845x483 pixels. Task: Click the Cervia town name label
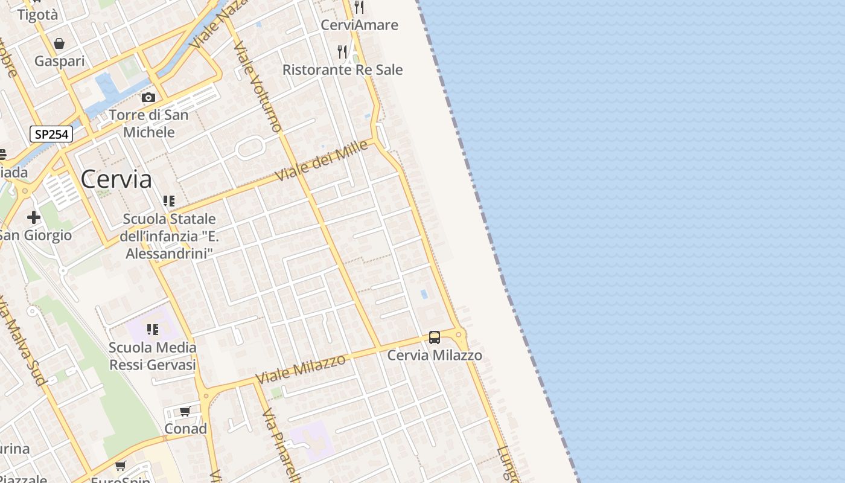click(x=116, y=179)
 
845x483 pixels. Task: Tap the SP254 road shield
click(x=51, y=133)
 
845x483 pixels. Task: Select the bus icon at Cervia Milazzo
click(x=435, y=337)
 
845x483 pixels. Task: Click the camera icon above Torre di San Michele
click(x=148, y=98)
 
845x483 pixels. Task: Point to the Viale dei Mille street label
click(x=321, y=161)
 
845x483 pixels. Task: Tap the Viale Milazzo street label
click(x=301, y=369)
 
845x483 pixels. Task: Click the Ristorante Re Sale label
click(x=342, y=70)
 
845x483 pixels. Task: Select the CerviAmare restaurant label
click(x=359, y=25)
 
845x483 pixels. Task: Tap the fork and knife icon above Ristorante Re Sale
click(x=342, y=52)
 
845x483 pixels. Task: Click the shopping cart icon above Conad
click(x=185, y=411)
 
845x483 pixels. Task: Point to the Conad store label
click(x=186, y=429)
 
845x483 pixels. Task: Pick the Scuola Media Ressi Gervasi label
click(x=153, y=356)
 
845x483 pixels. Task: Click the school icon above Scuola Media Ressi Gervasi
click(x=153, y=330)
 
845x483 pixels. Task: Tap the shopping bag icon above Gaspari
click(x=59, y=43)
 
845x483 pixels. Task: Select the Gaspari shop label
click(x=59, y=61)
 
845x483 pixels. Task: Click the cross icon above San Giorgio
click(x=34, y=217)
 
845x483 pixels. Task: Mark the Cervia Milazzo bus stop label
click(x=435, y=355)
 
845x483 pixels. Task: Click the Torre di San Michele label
click(x=148, y=123)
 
